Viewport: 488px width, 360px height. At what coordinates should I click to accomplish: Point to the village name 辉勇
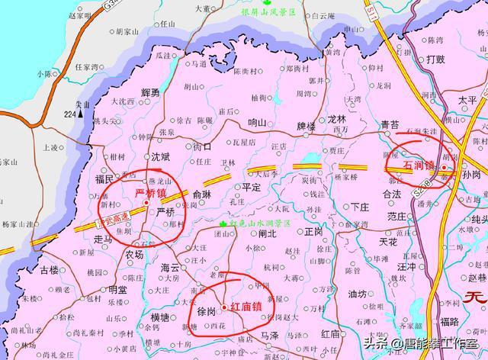point(150,92)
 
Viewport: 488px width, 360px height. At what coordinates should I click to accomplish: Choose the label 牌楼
point(306,126)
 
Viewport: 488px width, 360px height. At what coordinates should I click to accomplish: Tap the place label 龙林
point(336,120)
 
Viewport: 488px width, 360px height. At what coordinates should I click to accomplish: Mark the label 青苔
point(390,124)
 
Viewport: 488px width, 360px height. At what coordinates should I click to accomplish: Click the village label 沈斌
point(160,156)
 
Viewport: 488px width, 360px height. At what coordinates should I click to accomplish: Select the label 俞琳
point(203,194)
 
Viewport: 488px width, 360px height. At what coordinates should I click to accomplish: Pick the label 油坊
point(357,294)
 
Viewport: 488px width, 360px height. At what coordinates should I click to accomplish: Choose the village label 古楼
point(49,270)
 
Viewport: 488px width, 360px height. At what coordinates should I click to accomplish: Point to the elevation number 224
point(70,114)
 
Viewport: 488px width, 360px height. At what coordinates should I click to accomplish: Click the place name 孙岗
point(472,175)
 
